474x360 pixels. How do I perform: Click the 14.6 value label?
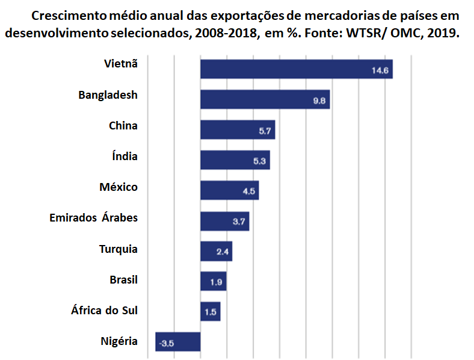click(x=381, y=71)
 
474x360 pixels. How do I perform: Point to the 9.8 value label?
click(x=319, y=101)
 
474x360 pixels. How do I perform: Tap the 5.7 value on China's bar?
click(x=265, y=131)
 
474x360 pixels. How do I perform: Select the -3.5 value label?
click(x=166, y=344)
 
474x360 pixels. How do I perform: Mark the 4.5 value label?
click(x=249, y=191)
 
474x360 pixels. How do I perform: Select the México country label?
click(x=118, y=187)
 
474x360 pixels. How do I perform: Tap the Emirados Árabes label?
click(x=93, y=218)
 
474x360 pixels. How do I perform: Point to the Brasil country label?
click(x=123, y=279)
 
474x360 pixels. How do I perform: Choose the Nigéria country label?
click(x=119, y=341)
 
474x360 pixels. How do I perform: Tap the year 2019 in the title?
click(x=443, y=33)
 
